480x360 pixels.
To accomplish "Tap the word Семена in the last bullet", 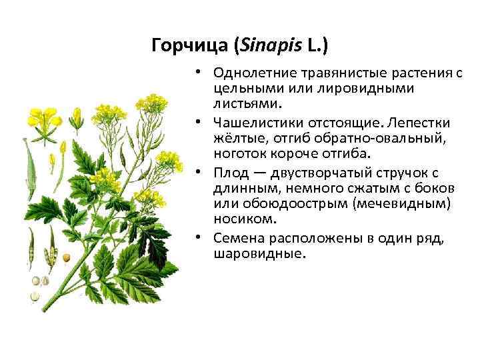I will coord(239,238).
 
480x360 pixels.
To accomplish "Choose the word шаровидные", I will coord(259,254).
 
